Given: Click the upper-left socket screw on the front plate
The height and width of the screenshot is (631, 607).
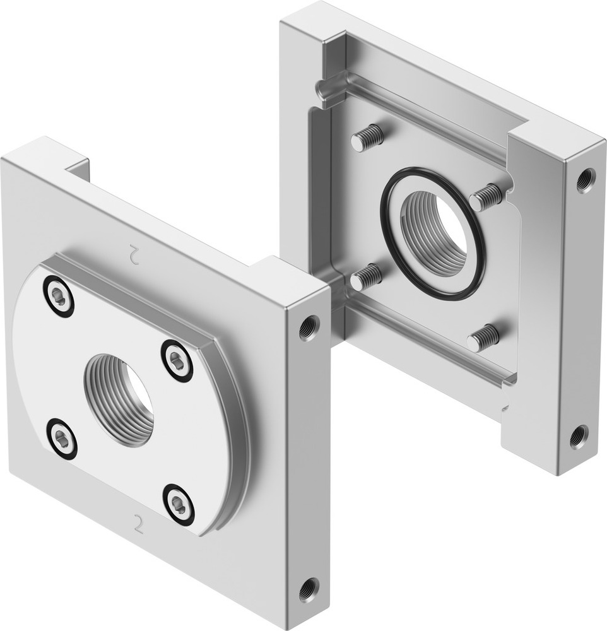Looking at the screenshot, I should pos(59,296).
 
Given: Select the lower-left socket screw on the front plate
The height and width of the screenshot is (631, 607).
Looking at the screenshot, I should pos(62,438).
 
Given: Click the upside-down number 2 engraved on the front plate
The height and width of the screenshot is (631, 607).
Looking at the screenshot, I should pos(134,253).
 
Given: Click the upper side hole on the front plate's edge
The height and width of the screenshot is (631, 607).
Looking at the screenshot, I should pos(309,327).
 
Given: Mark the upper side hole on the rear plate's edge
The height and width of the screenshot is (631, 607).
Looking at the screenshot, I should pos(584,180).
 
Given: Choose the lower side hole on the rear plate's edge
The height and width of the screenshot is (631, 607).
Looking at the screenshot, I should pos(579,436).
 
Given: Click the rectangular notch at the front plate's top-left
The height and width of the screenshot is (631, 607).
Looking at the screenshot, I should pos(77,169).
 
